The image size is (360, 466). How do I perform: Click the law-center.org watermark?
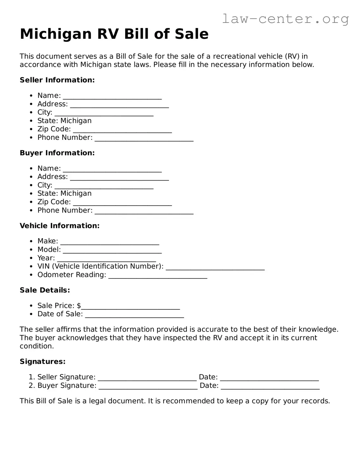point(285,19)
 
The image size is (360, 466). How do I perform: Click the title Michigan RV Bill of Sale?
point(114,34)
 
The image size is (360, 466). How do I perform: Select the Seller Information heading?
point(57,80)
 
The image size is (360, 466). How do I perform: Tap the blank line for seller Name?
point(112,96)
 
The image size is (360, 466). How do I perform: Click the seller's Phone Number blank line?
point(144,138)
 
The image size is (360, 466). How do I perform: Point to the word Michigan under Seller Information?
point(76,121)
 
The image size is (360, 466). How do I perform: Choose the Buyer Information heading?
point(57,153)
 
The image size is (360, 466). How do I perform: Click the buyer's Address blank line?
point(119,177)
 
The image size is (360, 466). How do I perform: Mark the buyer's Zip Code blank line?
point(122,202)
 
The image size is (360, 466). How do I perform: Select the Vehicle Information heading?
point(60,226)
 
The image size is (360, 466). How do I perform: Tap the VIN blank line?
point(215,267)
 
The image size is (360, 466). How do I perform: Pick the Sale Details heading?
point(45,290)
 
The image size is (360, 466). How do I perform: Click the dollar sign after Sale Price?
point(79,306)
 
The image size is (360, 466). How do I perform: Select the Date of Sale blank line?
point(134,315)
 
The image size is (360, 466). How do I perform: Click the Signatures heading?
point(43,362)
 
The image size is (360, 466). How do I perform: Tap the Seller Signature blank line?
point(147,378)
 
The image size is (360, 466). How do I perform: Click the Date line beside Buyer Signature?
point(270,386)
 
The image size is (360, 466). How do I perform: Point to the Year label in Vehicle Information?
point(46,258)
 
